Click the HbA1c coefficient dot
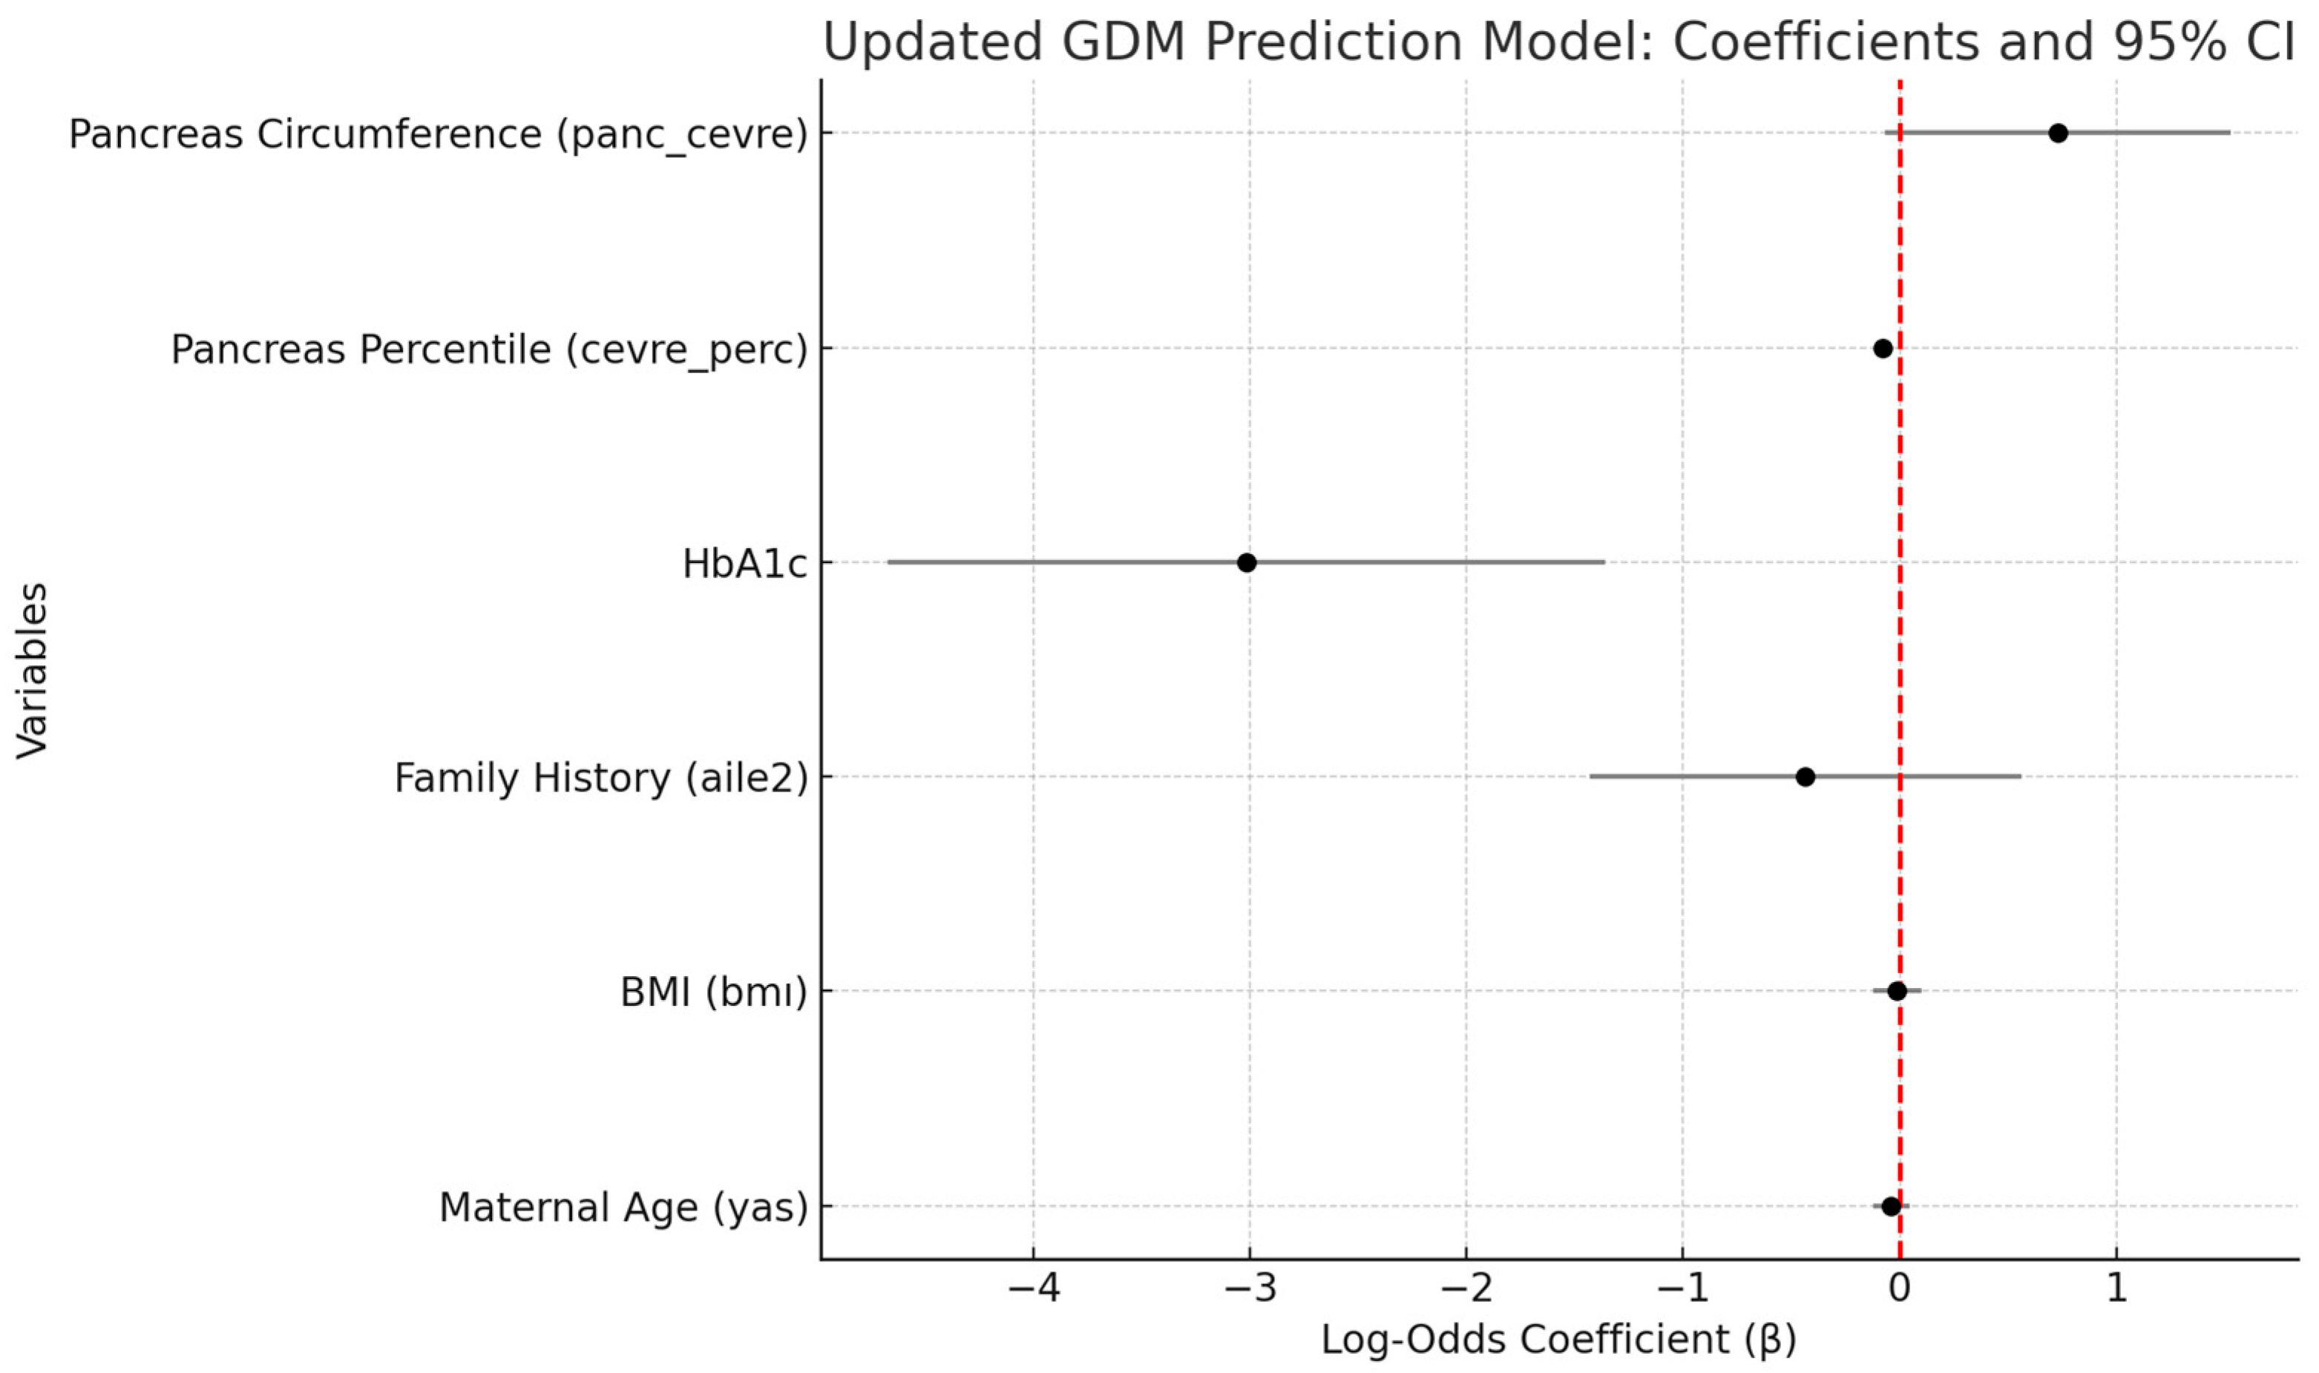pyautogui.click(x=1247, y=562)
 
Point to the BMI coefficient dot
pyautogui.click(x=1897, y=991)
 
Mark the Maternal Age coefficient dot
pyautogui.click(x=1892, y=1206)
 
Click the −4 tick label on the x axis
pyautogui.click(x=1033, y=1288)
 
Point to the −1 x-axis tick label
pyautogui.click(x=1682, y=1288)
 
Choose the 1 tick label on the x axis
pyautogui.click(x=2116, y=1288)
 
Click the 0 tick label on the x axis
pyautogui.click(x=1900, y=1288)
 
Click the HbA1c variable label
pyautogui.click(x=745, y=564)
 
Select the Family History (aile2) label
pyautogui.click(x=600, y=778)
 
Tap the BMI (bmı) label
pyautogui.click(x=713, y=992)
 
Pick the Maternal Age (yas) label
pyautogui.click(x=623, y=1208)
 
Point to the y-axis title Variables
pyautogui.click(x=33, y=671)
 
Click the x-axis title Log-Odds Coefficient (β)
pyautogui.click(x=1558, y=1340)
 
